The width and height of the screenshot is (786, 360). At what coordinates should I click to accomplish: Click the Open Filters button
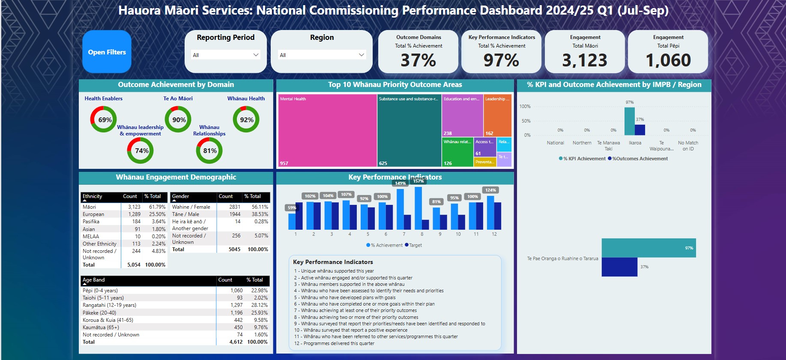(x=107, y=52)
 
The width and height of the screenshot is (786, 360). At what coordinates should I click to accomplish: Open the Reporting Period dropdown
(x=225, y=55)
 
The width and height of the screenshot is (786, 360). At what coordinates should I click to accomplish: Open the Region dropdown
(x=322, y=55)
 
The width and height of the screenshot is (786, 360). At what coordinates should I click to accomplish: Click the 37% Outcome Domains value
(x=418, y=60)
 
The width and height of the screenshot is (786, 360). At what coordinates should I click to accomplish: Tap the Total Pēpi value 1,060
(x=668, y=60)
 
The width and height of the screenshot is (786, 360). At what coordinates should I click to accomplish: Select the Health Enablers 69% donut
(x=104, y=120)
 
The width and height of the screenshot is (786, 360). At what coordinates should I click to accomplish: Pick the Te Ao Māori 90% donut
(x=178, y=120)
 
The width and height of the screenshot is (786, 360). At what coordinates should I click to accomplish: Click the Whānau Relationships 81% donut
(x=209, y=150)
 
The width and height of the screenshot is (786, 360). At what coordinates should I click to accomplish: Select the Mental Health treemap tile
(x=327, y=130)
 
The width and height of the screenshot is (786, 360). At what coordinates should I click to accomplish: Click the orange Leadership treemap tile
(x=497, y=115)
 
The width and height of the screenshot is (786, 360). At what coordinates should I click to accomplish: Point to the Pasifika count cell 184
(x=136, y=222)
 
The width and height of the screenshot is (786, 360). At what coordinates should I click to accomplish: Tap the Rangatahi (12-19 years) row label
(x=109, y=305)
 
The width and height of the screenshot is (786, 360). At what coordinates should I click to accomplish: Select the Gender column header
(x=181, y=196)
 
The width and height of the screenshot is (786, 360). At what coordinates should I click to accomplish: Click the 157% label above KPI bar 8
(x=418, y=181)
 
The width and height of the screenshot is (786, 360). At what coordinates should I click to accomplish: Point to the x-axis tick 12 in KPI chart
(x=494, y=234)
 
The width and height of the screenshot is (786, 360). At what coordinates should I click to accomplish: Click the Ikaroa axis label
(x=635, y=143)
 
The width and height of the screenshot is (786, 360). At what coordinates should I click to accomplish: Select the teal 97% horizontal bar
(x=649, y=248)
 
